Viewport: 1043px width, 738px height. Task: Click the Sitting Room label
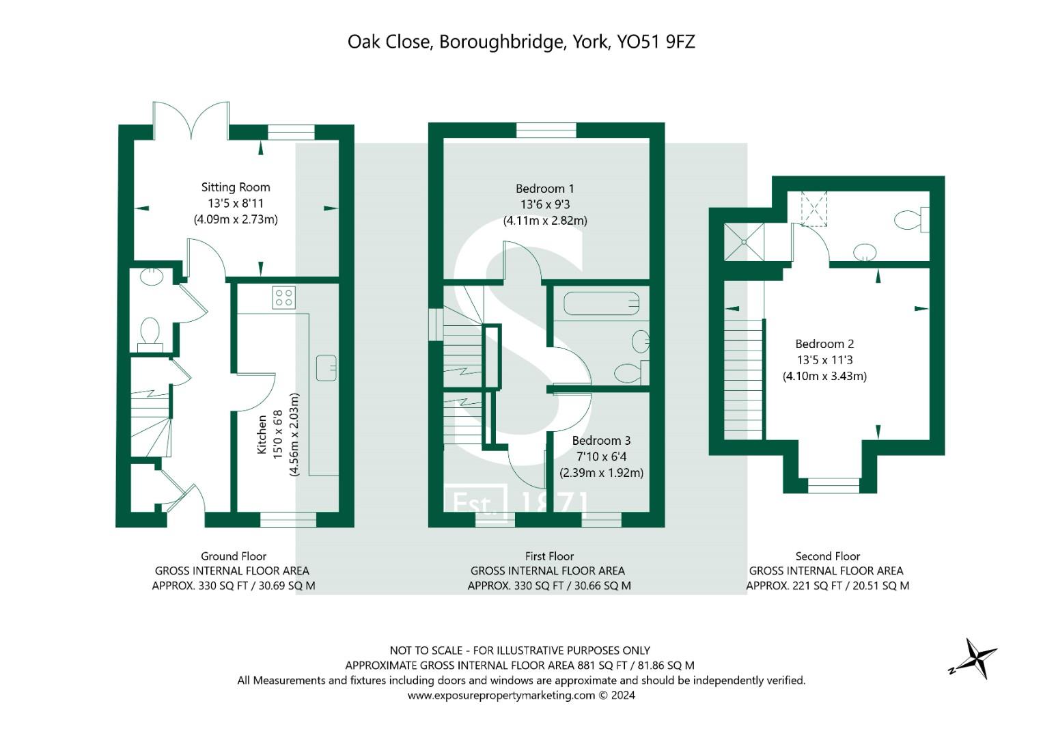point(236,187)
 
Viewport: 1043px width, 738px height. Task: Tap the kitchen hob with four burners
point(284,297)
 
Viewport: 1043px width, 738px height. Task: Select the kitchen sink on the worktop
point(326,368)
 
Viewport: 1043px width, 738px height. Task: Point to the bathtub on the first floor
point(601,303)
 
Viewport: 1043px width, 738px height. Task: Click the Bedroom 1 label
point(545,189)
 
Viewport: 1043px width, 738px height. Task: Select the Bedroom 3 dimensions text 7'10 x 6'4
point(601,456)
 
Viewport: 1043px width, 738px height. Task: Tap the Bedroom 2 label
point(824,344)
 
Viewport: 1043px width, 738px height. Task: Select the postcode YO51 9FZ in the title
point(656,42)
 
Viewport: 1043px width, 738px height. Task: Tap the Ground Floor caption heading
point(234,556)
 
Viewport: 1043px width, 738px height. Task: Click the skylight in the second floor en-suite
point(813,208)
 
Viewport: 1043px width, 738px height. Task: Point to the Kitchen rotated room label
point(262,435)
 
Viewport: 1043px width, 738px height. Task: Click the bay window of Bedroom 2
point(833,485)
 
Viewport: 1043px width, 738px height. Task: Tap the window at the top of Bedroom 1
point(546,130)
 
